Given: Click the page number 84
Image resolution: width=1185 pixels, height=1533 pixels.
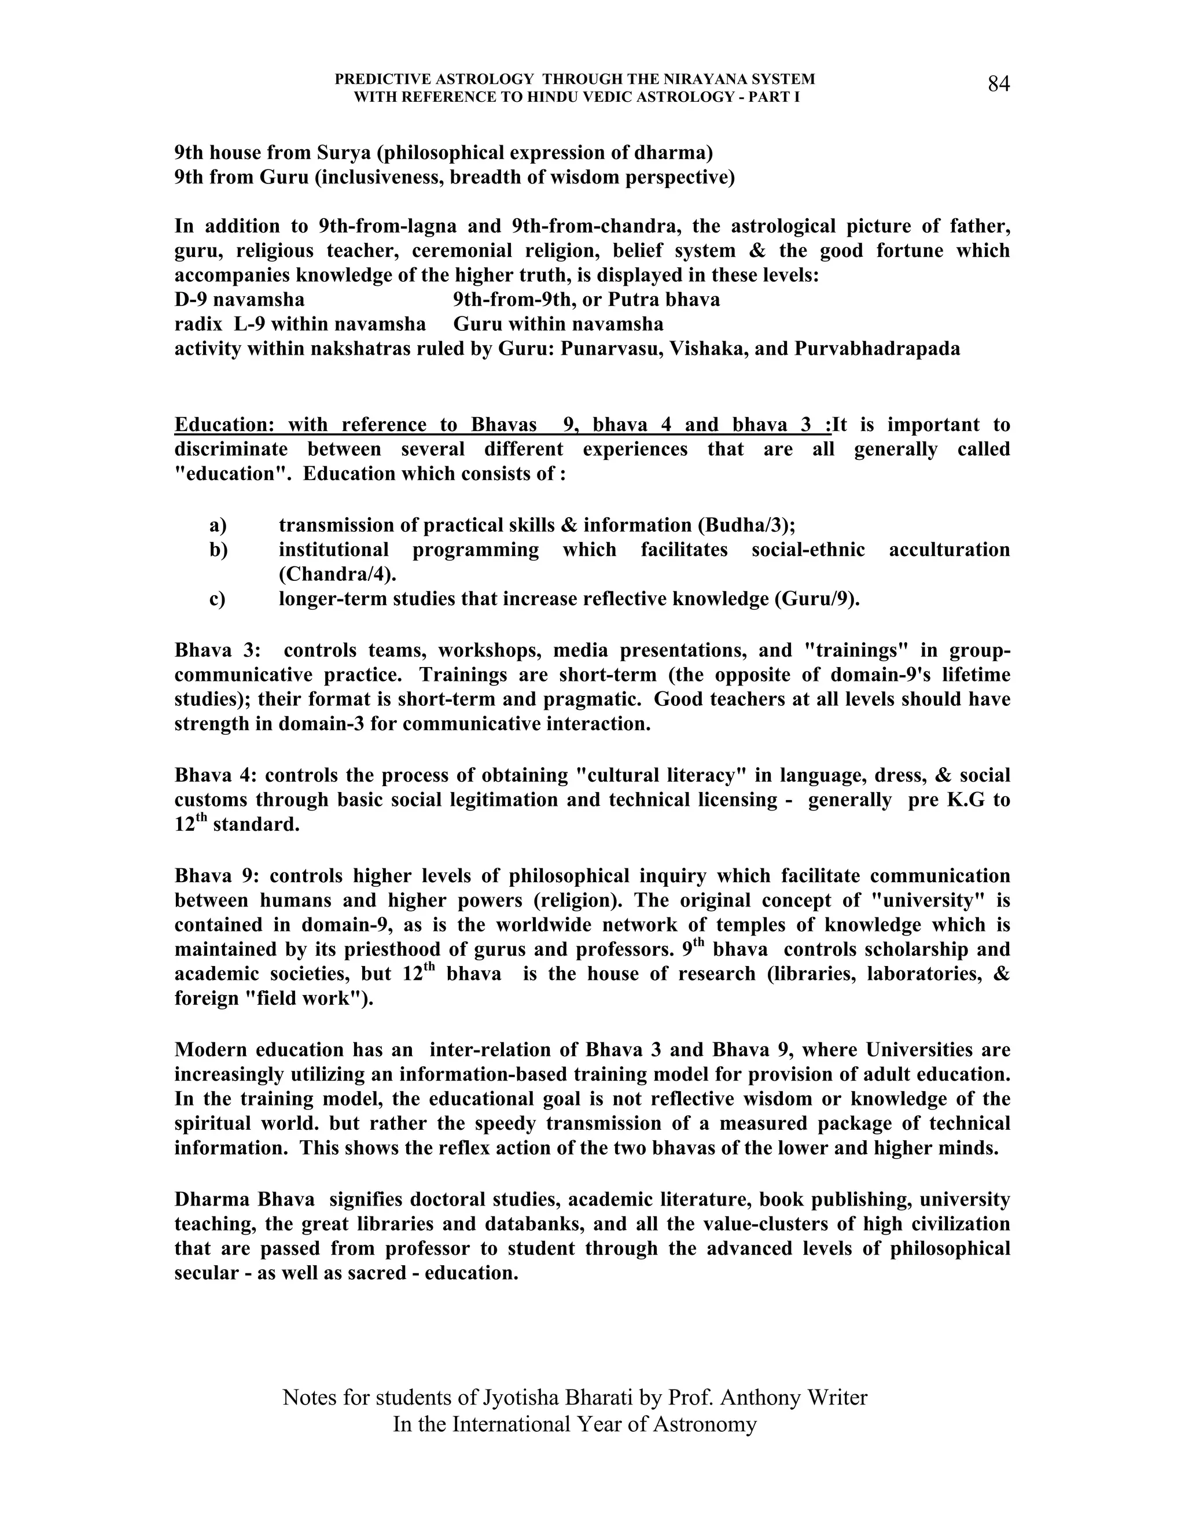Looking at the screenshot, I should [998, 84].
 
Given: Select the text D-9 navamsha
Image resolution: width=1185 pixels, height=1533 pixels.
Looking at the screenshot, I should [240, 300].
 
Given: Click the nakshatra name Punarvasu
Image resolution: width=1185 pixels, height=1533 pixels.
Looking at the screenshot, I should [610, 349].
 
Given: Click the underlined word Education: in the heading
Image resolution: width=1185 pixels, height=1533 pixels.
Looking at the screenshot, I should [221, 425].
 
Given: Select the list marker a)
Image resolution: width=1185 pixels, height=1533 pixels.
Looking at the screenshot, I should [218, 525].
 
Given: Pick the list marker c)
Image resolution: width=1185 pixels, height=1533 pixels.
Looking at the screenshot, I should [217, 599].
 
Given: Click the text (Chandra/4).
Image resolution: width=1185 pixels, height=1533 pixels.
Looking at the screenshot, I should [337, 574].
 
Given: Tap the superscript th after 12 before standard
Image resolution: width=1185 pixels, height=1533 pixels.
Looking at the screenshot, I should [201, 816].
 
